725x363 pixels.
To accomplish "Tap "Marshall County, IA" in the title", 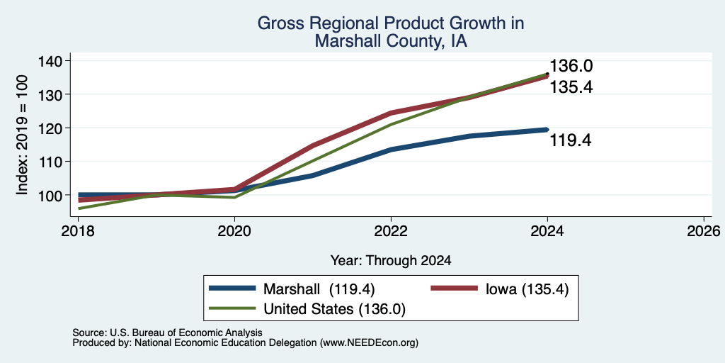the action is pyautogui.click(x=391, y=41).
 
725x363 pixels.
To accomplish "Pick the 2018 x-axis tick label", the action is pyautogui.click(x=78, y=230).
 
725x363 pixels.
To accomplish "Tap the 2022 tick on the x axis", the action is pyautogui.click(x=391, y=230).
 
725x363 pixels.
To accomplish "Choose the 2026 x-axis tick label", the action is pyautogui.click(x=704, y=230).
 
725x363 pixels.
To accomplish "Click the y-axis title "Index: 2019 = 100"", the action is pyautogui.click(x=22, y=135).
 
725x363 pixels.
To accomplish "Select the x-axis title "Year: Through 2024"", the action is pyautogui.click(x=391, y=261).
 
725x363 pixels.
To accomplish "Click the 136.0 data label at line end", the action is pyautogui.click(x=571, y=66).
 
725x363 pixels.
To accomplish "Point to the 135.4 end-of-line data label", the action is pyautogui.click(x=571, y=87).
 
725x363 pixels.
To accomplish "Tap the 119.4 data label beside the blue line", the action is pyautogui.click(x=570, y=140).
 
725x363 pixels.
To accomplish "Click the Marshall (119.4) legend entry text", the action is pyautogui.click(x=319, y=289).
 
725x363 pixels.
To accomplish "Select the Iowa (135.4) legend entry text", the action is pyautogui.click(x=527, y=289).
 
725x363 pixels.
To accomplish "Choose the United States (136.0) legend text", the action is pyautogui.click(x=334, y=309).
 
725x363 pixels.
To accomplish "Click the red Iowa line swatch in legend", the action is pyautogui.click(x=454, y=289).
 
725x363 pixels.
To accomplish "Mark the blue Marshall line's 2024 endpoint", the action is pyautogui.click(x=547, y=130).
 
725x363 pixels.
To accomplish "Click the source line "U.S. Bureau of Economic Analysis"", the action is pyautogui.click(x=186, y=333).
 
